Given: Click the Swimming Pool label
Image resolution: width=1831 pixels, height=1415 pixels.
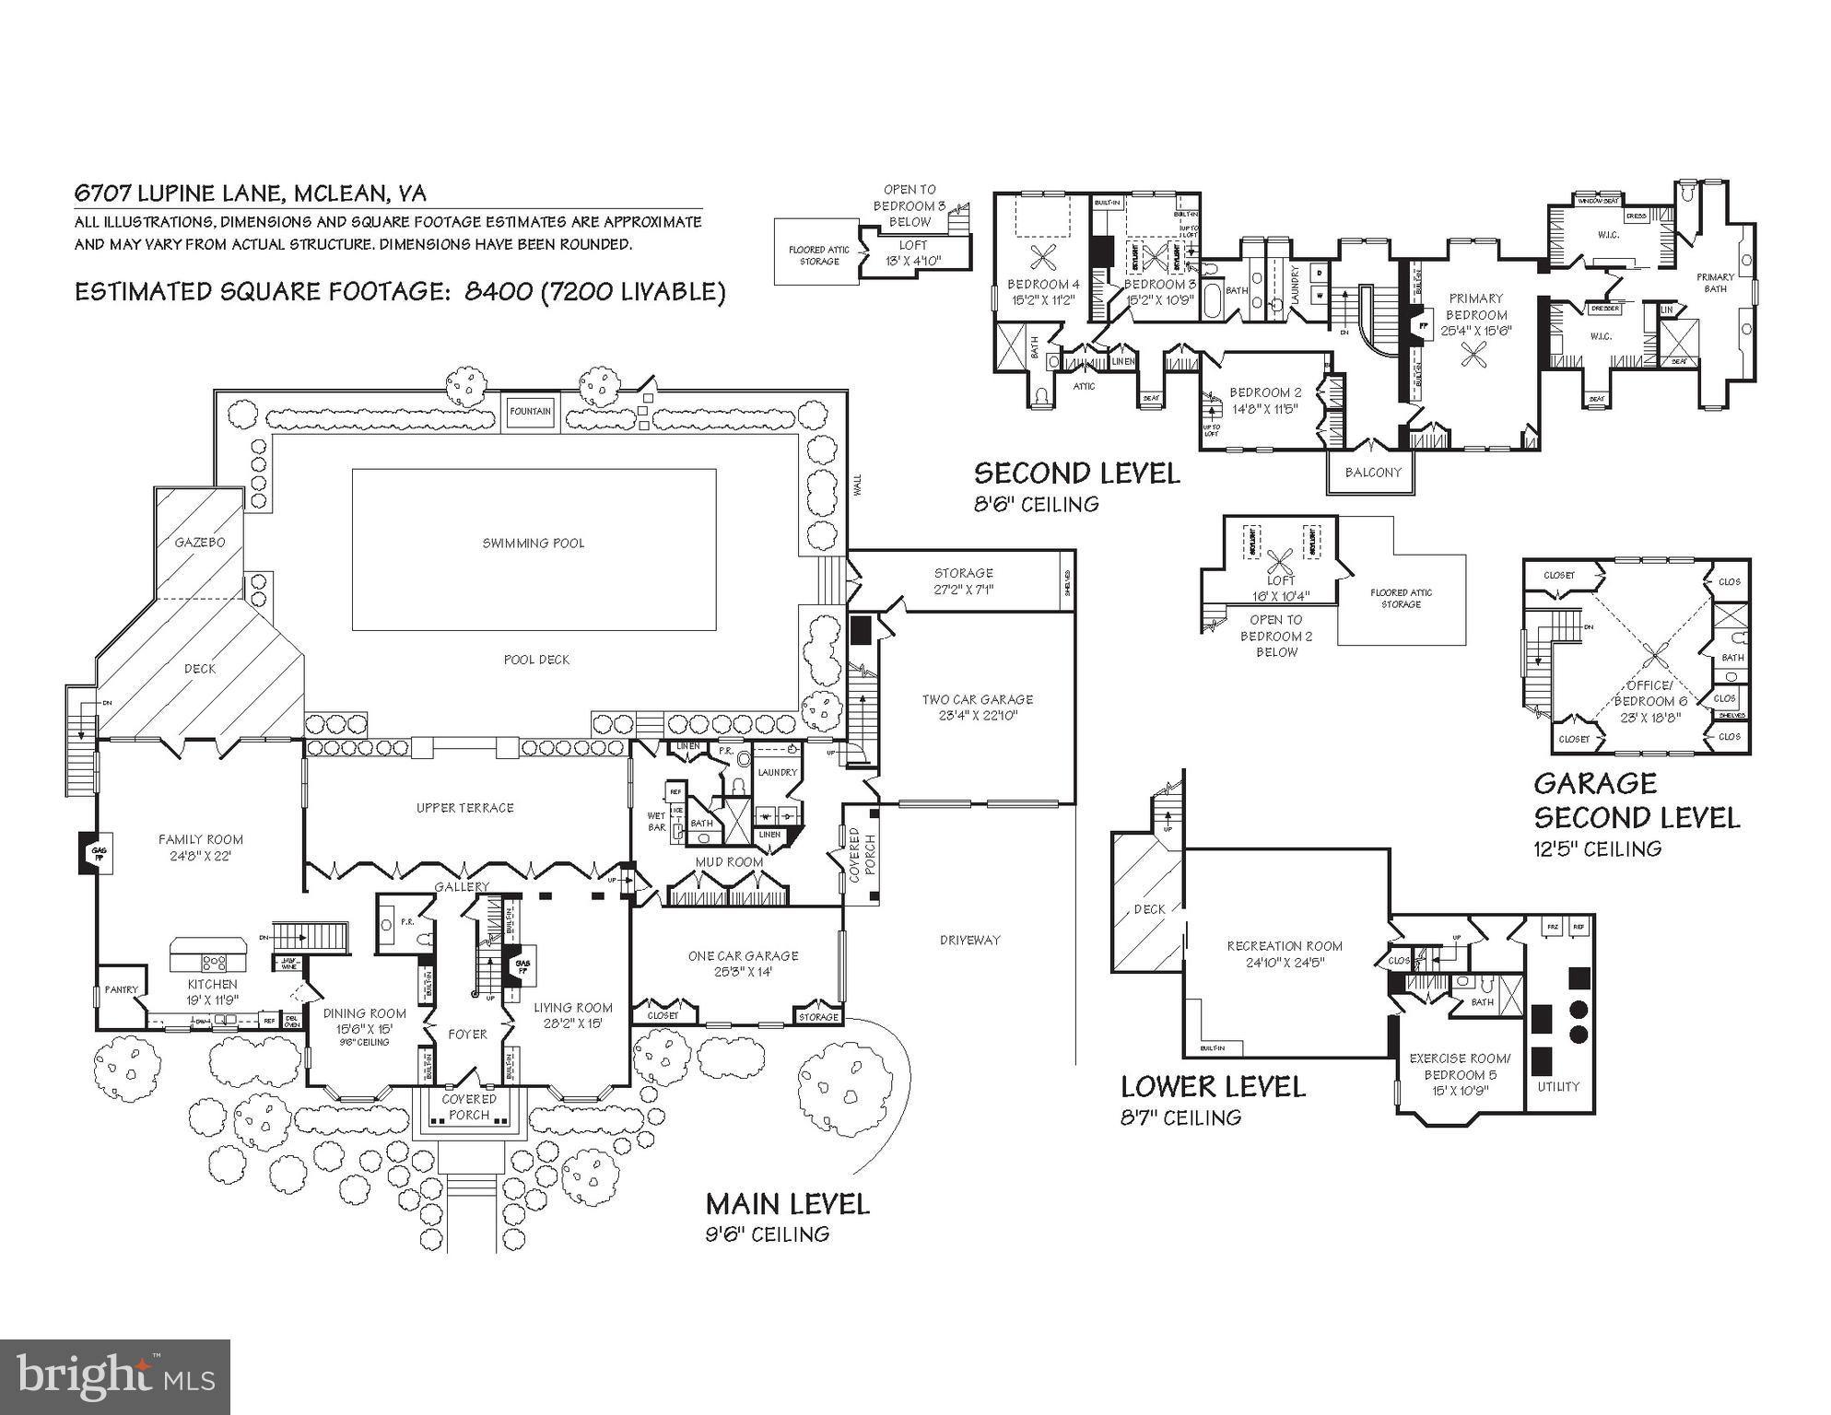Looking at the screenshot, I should pos(533,543).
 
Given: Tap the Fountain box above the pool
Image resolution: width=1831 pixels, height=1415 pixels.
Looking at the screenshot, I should pos(530,412).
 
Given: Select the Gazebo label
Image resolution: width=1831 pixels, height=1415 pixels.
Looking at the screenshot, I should pos(200,542).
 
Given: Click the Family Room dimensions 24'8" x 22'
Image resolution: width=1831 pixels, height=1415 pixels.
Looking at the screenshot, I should pos(201,856).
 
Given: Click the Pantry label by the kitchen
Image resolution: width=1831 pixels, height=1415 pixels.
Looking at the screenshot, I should pos(121,990).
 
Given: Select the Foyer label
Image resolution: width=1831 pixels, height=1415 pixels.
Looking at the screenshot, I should pos(467,1035).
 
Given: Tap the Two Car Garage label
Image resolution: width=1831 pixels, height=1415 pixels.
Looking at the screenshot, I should pos(977,699).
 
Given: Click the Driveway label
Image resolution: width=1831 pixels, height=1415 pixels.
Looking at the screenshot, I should pos(969,940).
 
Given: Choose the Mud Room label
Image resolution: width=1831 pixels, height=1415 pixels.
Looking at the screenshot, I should pos(729,862).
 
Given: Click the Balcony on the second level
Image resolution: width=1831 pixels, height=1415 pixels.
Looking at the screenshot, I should pos(1372,472).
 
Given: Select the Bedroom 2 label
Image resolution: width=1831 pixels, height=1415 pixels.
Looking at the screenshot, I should pos(1265,392).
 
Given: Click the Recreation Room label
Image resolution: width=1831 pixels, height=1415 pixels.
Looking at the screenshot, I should pos(1285,946).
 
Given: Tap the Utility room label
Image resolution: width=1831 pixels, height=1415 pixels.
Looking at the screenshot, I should pos(1558,1087).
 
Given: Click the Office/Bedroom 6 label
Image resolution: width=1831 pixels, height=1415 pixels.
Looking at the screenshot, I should pos(1649,693).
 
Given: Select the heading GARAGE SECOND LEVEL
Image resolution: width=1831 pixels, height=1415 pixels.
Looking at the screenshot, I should pos(1636,800).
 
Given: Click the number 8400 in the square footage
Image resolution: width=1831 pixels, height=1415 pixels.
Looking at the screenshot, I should pos(499,292).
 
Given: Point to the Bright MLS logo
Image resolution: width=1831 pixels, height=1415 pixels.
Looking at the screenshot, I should pos(115,1377).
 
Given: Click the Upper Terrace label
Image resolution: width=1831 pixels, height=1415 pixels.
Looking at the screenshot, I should pos(464,808).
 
